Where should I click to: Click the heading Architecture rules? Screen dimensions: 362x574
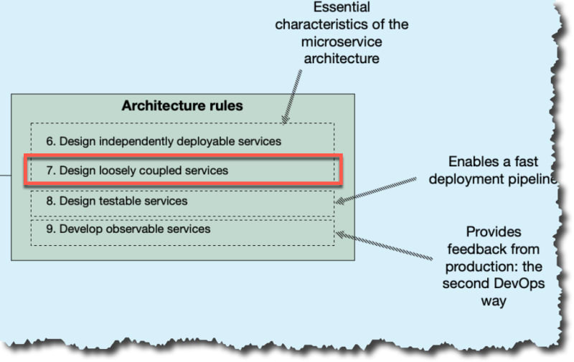182,106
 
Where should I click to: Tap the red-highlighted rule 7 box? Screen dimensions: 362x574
183,171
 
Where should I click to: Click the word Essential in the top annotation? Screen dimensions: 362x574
341,8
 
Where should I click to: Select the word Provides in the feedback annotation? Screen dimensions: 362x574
493,232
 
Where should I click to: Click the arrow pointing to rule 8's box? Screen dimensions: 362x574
377,189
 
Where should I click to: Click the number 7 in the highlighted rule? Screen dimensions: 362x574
50,171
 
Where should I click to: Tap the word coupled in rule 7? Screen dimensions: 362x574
164,171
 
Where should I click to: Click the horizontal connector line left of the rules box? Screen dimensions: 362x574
6,175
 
